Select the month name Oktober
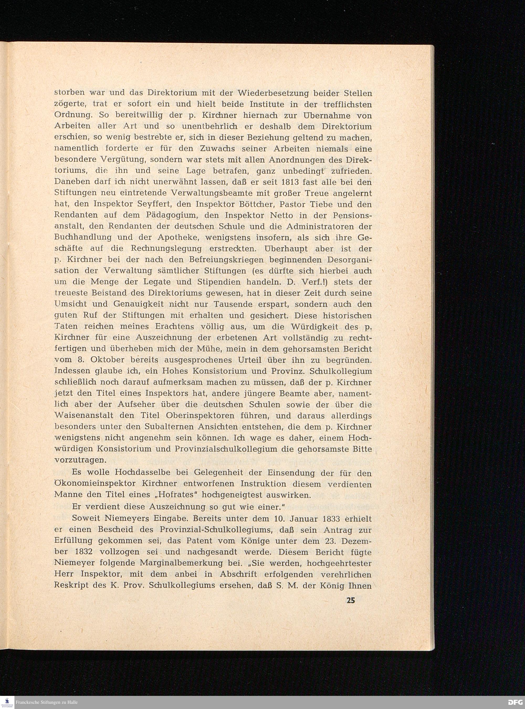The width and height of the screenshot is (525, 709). pyautogui.click(x=109, y=360)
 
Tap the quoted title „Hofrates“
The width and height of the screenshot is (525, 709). pyautogui.click(x=171, y=495)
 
